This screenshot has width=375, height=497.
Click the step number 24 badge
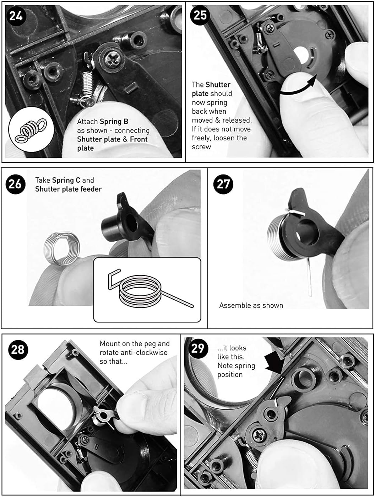[16, 16]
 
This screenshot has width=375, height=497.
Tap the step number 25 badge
[200, 15]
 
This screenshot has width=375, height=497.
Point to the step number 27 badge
[223, 184]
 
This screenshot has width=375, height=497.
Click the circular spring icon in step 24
[32, 129]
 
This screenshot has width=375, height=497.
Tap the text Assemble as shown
[251, 305]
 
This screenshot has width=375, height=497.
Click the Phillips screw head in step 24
[113, 59]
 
